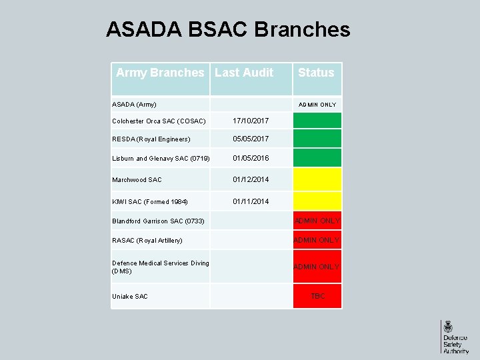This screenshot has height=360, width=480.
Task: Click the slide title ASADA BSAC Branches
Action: (x=227, y=30)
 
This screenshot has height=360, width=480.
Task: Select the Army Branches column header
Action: (x=160, y=73)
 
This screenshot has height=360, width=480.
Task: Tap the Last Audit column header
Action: (x=244, y=73)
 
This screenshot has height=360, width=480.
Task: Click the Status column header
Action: (x=316, y=73)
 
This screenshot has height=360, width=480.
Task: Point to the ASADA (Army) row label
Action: (x=134, y=105)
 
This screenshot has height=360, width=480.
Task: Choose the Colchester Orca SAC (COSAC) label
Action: (x=159, y=121)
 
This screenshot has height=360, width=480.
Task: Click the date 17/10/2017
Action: (x=251, y=121)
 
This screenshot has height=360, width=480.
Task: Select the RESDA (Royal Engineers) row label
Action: (x=151, y=139)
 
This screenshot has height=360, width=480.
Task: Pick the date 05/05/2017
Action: (x=251, y=139)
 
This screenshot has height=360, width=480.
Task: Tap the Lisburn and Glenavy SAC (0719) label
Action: (x=161, y=159)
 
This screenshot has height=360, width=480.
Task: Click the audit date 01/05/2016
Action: (x=251, y=159)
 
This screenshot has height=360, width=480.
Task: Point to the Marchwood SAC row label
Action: (x=137, y=180)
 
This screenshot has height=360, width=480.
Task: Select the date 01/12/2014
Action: (x=251, y=180)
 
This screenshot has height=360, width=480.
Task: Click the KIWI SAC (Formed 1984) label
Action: (x=150, y=201)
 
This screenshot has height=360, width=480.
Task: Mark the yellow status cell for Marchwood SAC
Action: (x=317, y=180)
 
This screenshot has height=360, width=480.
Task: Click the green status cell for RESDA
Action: (x=317, y=139)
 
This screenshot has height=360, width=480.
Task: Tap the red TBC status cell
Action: (x=317, y=296)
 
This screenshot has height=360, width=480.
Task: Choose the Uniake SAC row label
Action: (x=130, y=297)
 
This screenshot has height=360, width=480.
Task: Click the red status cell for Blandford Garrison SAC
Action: (x=317, y=221)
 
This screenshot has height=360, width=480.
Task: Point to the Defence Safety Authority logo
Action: (x=455, y=337)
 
